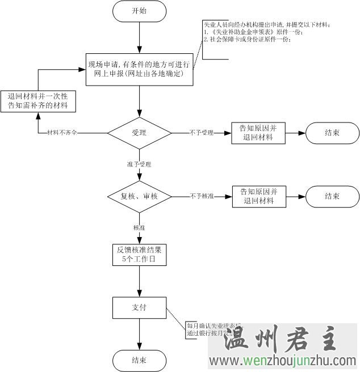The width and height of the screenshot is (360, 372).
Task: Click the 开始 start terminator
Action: [139, 11]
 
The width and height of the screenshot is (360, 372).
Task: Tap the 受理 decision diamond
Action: [139, 133]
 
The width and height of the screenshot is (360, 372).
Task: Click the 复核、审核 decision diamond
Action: [139, 196]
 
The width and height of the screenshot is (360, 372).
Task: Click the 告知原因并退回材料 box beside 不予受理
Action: [258, 133]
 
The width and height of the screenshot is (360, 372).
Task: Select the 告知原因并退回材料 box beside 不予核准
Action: [258, 196]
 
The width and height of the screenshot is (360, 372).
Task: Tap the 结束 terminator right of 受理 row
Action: [332, 133]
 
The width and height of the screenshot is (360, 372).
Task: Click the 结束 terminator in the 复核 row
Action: [332, 196]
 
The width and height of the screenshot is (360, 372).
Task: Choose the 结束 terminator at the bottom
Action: [139, 360]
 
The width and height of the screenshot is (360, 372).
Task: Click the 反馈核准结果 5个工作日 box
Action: [139, 255]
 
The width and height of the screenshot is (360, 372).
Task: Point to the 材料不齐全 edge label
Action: [62, 133]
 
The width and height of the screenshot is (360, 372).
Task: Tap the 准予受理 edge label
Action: [139, 164]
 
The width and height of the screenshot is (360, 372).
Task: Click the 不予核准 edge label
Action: [202, 196]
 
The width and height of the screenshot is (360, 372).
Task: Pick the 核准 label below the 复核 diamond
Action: [139, 227]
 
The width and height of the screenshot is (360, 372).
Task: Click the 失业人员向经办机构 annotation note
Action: [267, 32]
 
